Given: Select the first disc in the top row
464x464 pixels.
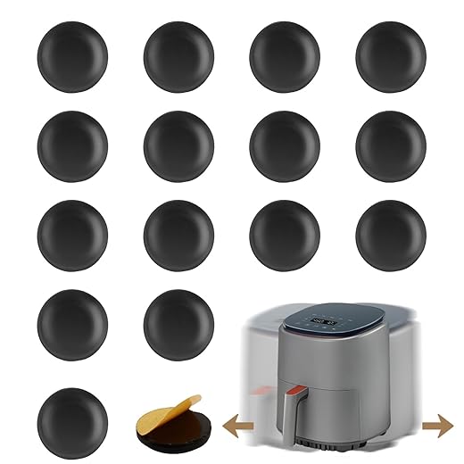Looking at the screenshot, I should pos(72,54).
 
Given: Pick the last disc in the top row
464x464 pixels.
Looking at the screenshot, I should pos(390,54).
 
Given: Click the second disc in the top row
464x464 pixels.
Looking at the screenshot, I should pos(178,54).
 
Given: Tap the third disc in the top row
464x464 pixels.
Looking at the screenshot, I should pos(284,54).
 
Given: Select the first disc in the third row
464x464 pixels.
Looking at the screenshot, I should pos(72,233).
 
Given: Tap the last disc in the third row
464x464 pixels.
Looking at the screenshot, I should pos(390,233).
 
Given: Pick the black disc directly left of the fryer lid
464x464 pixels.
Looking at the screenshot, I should pos(178,322).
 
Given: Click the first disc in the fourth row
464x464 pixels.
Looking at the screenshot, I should pos(72,322).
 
